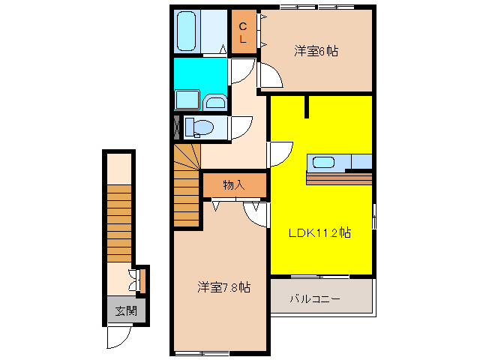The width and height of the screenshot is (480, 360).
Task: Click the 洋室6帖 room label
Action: [316, 51]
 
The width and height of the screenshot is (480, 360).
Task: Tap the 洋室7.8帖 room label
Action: [224, 286]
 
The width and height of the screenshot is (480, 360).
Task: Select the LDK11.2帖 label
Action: [320, 232]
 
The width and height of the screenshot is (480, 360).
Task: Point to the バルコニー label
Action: [316, 298]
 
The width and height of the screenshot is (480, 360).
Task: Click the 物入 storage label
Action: [234, 184]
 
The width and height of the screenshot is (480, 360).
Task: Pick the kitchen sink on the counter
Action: [324, 161]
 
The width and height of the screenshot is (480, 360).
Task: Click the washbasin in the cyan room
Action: [215, 102]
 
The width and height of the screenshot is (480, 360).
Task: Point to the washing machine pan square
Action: [185, 100]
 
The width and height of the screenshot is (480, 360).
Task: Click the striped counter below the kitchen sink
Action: [339, 178]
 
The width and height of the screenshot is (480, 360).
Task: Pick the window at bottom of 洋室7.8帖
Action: [201, 352]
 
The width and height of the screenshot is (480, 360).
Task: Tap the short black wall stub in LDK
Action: [307, 106]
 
